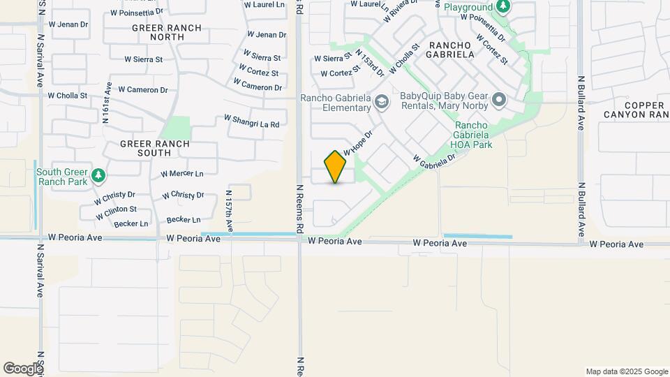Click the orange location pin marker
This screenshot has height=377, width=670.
(x=336, y=167)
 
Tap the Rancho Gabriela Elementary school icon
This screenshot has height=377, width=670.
(x=382, y=103)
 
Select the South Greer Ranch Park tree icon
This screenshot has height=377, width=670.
(x=99, y=175)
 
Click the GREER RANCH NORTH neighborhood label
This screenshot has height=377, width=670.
(x=167, y=33)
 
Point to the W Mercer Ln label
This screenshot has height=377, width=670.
(x=182, y=174)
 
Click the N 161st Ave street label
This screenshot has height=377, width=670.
(x=107, y=103)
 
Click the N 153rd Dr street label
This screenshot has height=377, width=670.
(x=370, y=62)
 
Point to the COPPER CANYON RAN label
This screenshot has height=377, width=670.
(x=636, y=110)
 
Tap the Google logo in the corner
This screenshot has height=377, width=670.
(x=22, y=369)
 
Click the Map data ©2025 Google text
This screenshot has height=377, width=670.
(x=627, y=371)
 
